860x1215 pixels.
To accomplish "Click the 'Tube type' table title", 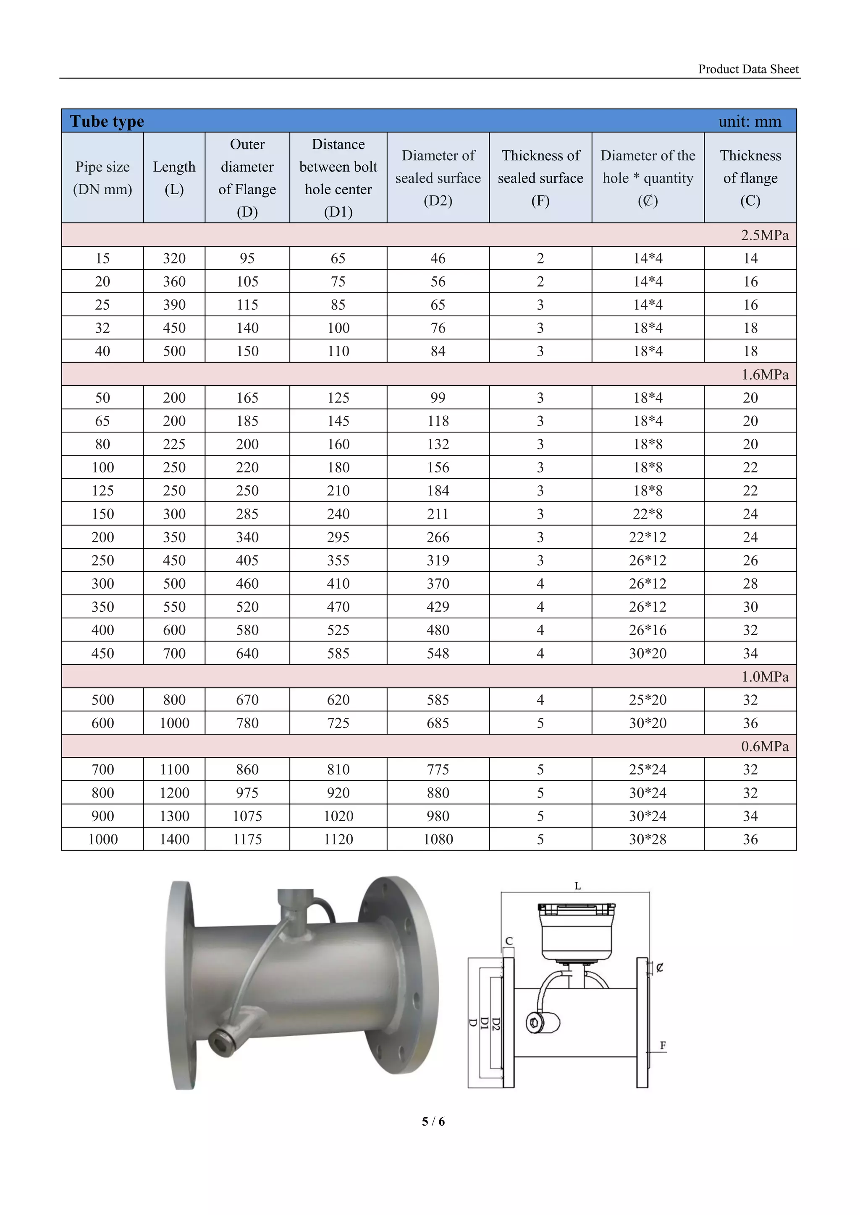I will (107, 121).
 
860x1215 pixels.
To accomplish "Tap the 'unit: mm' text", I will (749, 121).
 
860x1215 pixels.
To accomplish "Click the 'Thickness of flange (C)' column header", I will (750, 178).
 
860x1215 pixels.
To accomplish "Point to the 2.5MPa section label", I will (764, 235).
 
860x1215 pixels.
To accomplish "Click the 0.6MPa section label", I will (764, 746).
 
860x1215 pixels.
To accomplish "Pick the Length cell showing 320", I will (174, 258).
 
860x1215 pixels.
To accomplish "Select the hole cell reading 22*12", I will (647, 537).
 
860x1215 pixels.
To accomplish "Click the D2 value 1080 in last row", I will (438, 839).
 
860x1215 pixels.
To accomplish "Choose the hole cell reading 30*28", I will (647, 839).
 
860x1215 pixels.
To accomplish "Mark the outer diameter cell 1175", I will (247, 839).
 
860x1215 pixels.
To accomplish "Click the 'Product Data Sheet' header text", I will (748, 69).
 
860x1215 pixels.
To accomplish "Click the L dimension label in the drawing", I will (577, 886).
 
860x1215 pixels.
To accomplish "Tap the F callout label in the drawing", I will (663, 1045).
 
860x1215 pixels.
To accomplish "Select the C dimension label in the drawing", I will (509, 940).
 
